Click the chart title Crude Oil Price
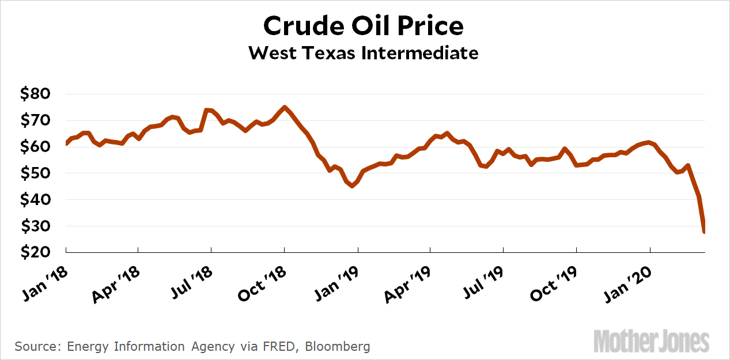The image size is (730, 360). pos(364,26)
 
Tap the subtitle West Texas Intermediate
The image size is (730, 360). pos(364,53)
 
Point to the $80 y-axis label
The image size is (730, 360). pos(36,94)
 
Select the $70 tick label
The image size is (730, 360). pos(36,120)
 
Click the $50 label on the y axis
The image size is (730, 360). pos(36,173)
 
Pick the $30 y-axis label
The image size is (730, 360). pos(36,226)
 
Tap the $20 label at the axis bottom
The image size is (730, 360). pos(36,252)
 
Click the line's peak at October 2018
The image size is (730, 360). pos(285,107)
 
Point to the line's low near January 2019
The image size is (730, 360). pos(352,186)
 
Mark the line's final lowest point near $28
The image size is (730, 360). pos(704,232)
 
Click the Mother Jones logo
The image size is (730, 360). pos(651,342)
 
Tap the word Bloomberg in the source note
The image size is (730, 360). pos(338,347)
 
